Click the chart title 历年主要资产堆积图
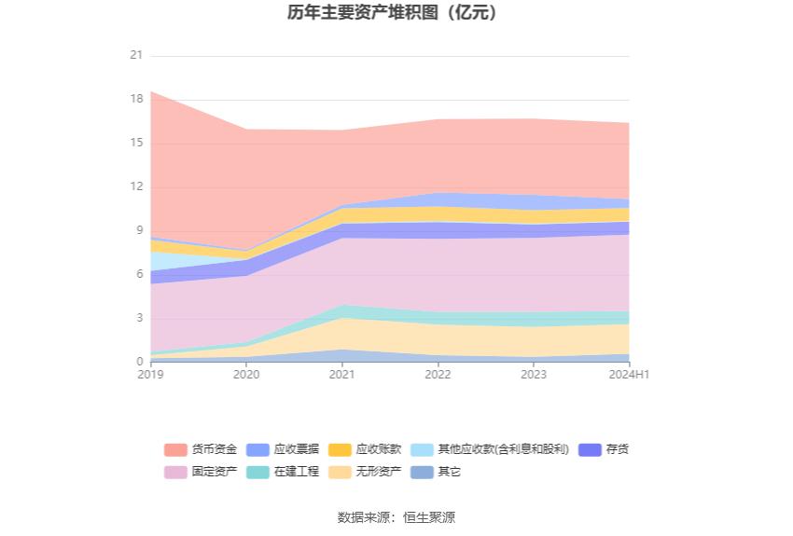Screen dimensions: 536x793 point(392,13)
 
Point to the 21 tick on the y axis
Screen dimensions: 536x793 point(136,56)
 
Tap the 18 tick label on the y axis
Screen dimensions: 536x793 point(136,100)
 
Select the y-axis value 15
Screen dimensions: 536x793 point(136,144)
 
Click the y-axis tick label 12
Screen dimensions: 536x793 point(136,187)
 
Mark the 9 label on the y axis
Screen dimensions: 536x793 point(139,231)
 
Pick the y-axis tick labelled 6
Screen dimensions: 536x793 point(139,275)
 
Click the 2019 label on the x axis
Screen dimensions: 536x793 point(150,375)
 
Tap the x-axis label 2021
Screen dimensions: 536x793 point(342,375)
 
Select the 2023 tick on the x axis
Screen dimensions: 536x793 point(534,375)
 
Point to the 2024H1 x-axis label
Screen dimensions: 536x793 point(630,375)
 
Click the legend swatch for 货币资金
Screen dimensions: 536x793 point(176,449)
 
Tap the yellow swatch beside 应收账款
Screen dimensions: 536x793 point(341,449)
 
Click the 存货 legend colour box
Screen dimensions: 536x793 point(590,449)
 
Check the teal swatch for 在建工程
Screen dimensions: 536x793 point(258,472)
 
